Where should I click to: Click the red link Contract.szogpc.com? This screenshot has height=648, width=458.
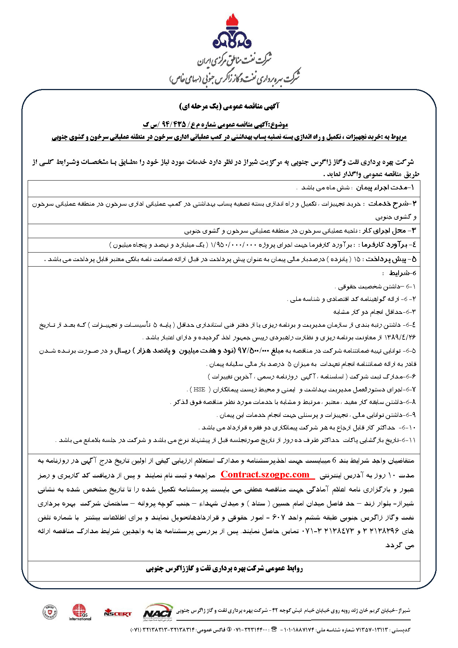tap(265, 475)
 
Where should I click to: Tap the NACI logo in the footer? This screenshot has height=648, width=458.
tap(158, 610)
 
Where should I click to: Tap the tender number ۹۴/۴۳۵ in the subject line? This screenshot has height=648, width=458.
tap(173, 124)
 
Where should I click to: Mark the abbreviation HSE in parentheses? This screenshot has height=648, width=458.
tap(199, 390)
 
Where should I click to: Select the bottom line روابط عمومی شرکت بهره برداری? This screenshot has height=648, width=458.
tap(224, 569)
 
